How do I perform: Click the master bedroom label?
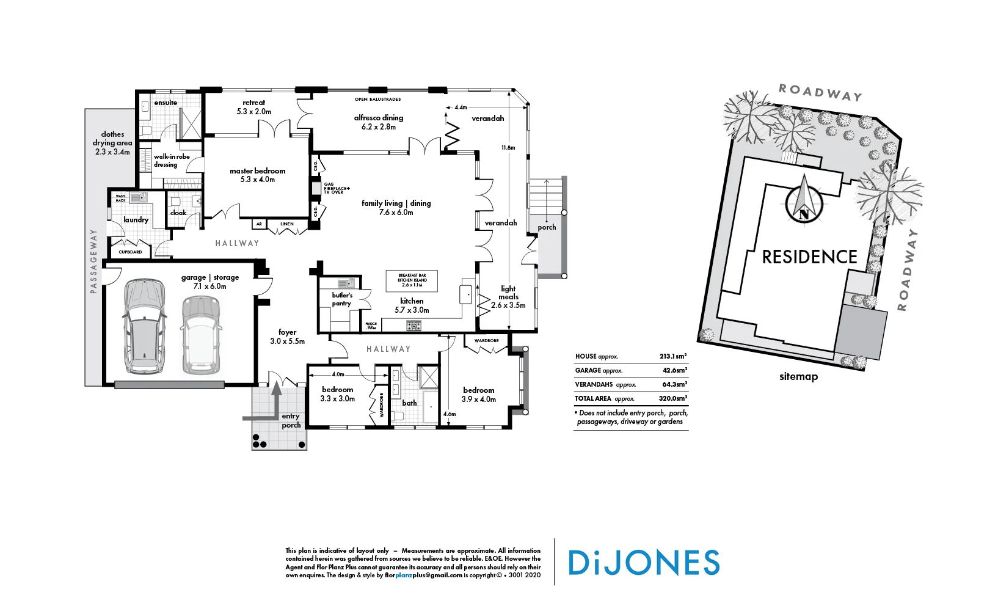click(x=257, y=175)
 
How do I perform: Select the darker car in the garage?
click(x=144, y=326)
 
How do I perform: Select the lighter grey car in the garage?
click(x=200, y=335)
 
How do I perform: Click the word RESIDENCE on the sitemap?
click(x=809, y=257)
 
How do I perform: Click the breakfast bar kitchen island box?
click(x=412, y=280)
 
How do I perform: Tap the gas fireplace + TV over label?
click(x=337, y=188)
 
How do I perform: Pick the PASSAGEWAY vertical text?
click(x=93, y=261)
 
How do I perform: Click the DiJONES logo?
click(x=644, y=563)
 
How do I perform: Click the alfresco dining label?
click(x=379, y=122)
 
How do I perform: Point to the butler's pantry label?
click(x=341, y=299)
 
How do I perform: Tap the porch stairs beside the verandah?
click(x=547, y=195)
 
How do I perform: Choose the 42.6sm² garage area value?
click(x=674, y=370)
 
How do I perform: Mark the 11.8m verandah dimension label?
click(x=508, y=148)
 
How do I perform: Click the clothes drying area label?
click(x=112, y=143)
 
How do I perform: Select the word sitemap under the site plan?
click(x=798, y=376)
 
